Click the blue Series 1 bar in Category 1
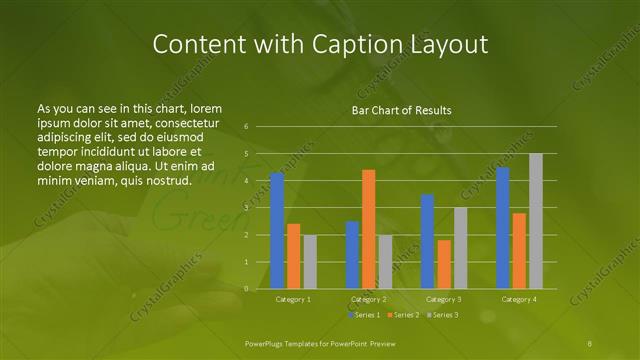point(277,231)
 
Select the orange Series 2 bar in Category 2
point(368,229)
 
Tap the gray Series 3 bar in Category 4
point(535,221)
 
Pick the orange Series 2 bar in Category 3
point(443,264)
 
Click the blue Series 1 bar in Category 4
point(503,228)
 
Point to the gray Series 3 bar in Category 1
point(309,262)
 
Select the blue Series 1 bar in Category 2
point(352,255)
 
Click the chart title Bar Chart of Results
point(401,110)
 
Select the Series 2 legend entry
point(402,315)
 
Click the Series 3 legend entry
point(442,315)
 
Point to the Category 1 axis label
point(293,299)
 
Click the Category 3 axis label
point(443,299)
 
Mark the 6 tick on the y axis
point(246,127)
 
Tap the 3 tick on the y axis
point(246,208)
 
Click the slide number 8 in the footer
point(590,342)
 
